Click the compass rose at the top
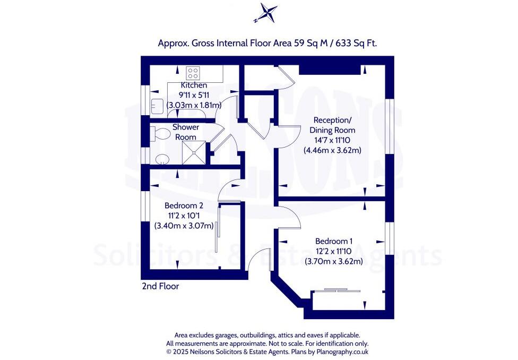(265, 13)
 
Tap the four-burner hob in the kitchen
(193, 73)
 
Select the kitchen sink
(157, 106)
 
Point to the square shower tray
(195, 151)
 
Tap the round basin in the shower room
(161, 159)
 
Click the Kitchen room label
(194, 85)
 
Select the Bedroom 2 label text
(184, 205)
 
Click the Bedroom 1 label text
(334, 241)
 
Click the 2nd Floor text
(160, 286)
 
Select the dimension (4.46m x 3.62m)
(333, 150)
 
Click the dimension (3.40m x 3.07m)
(184, 226)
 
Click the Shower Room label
(186, 132)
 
